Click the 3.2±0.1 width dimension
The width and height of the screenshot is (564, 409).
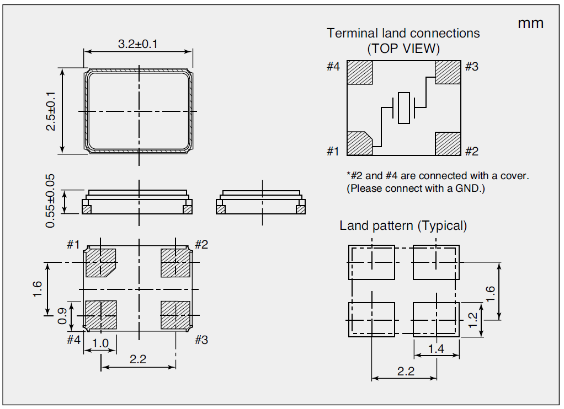(137, 44)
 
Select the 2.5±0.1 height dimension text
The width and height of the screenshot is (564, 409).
(51, 111)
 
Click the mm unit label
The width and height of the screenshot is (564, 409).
(530, 23)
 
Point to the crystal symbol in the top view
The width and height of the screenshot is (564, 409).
(403, 108)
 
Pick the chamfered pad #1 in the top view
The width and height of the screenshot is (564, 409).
(359, 143)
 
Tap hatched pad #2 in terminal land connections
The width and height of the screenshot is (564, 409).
(448, 143)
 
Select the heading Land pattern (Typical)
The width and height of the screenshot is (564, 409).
(403, 225)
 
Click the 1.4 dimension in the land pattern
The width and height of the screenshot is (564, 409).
(436, 348)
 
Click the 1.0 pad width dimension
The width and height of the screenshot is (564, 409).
(100, 343)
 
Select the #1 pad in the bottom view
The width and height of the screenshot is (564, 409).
(100, 261)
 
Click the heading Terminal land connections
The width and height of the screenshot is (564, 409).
(403, 33)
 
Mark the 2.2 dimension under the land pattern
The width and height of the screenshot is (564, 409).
(405, 371)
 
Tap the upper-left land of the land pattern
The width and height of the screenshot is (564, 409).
(371, 262)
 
